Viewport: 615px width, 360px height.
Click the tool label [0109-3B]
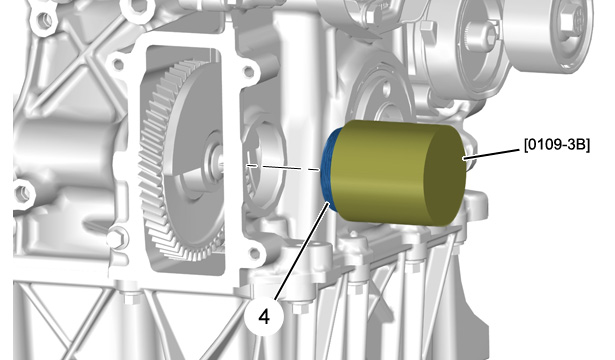[557, 145]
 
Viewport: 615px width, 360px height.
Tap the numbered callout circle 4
[264, 316]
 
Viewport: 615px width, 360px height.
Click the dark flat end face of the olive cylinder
[445, 176]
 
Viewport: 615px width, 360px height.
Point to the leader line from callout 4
[302, 250]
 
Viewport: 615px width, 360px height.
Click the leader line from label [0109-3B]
[493, 154]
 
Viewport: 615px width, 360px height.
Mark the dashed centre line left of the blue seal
[283, 167]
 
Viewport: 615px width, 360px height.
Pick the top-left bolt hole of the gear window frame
[117, 64]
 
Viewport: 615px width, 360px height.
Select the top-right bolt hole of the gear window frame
[248, 71]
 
